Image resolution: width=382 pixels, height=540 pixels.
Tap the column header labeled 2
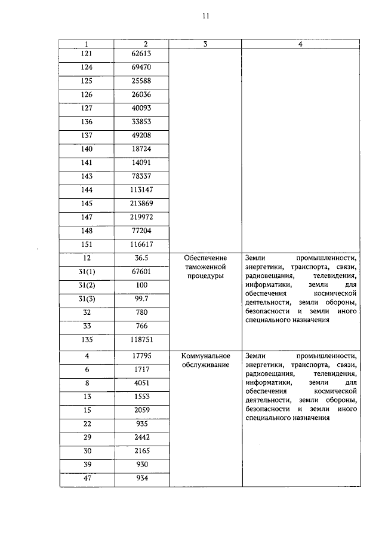(141, 44)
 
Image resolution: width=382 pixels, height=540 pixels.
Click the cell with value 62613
(141, 54)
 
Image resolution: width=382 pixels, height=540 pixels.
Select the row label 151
(87, 245)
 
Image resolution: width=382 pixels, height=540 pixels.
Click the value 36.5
(141, 257)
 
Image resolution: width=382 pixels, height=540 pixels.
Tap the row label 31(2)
(87, 285)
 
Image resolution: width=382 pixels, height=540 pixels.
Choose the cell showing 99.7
(141, 298)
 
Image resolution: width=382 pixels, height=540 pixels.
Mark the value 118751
(141, 339)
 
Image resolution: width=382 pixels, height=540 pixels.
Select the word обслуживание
(205, 365)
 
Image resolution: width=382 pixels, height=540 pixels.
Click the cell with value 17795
(141, 357)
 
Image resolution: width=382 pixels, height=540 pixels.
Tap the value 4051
(141, 383)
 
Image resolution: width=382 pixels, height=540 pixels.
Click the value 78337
(141, 176)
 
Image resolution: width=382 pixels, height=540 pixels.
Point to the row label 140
(87, 149)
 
